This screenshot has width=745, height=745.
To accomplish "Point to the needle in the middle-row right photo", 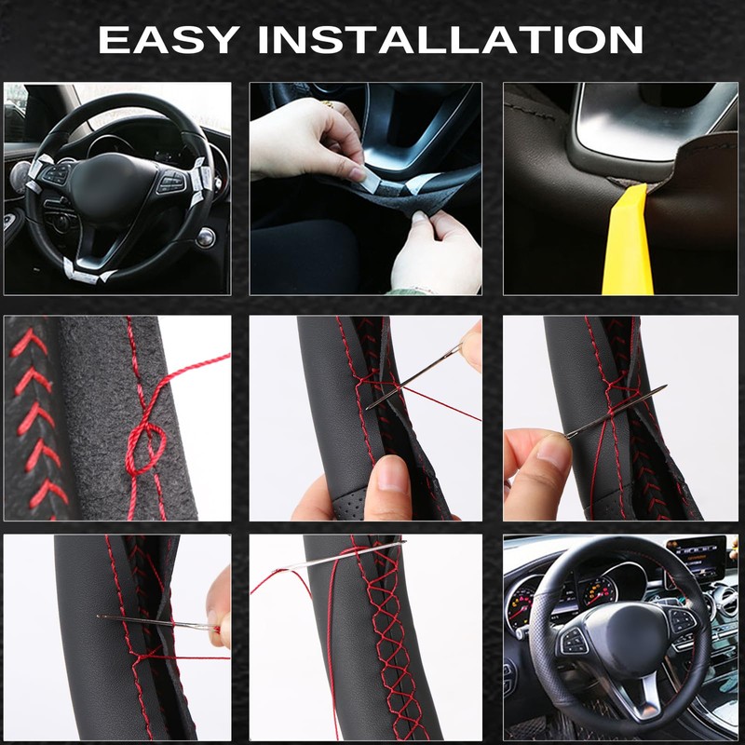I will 615,411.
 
